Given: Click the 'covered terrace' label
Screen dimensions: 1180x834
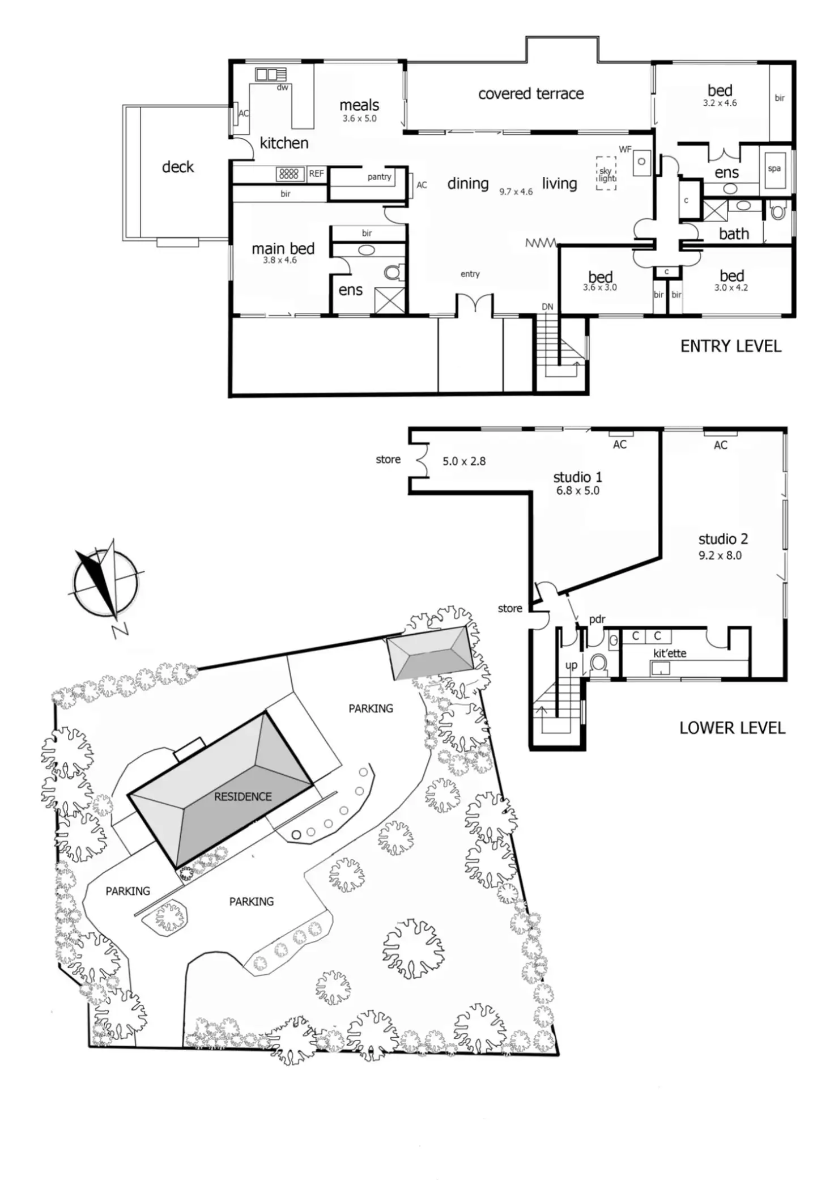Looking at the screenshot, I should pyautogui.click(x=531, y=94).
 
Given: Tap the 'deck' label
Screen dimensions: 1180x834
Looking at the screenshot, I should pyautogui.click(x=178, y=167).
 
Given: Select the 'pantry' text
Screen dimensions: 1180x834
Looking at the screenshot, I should pyautogui.click(x=379, y=177).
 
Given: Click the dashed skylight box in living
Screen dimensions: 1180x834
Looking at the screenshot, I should pyautogui.click(x=606, y=173).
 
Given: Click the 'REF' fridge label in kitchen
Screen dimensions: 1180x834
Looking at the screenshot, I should pyautogui.click(x=316, y=174).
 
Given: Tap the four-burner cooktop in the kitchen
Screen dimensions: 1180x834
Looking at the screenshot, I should pyautogui.click(x=289, y=174).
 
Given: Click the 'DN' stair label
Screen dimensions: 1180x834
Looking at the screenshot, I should pyautogui.click(x=547, y=307).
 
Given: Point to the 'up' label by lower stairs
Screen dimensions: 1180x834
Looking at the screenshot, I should pyautogui.click(x=571, y=665).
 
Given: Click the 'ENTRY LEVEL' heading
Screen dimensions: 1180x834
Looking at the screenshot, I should pyautogui.click(x=730, y=346).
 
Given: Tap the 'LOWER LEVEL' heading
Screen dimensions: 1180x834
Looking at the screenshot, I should pyautogui.click(x=732, y=728).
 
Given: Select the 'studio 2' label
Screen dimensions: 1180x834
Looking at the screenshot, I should pyautogui.click(x=723, y=539).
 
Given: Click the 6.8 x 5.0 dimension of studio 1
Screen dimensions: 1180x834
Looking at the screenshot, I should pyautogui.click(x=577, y=491).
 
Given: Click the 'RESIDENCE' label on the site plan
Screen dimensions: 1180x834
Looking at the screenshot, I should pyautogui.click(x=242, y=796).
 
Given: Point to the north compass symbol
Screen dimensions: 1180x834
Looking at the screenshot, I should pyautogui.click(x=105, y=583).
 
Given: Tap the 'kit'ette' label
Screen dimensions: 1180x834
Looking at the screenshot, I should pyautogui.click(x=669, y=653).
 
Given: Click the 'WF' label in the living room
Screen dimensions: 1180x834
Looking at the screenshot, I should pyautogui.click(x=625, y=150).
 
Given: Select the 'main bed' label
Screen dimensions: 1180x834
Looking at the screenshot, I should pyautogui.click(x=283, y=249).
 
